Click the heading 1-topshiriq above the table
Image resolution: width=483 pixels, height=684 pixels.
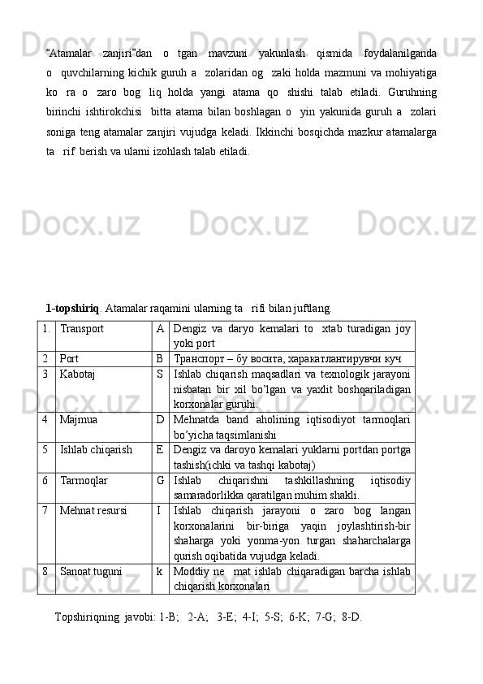click(72, 309)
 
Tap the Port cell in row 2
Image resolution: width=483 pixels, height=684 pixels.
click(70, 357)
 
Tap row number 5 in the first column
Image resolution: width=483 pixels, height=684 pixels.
click(48, 448)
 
